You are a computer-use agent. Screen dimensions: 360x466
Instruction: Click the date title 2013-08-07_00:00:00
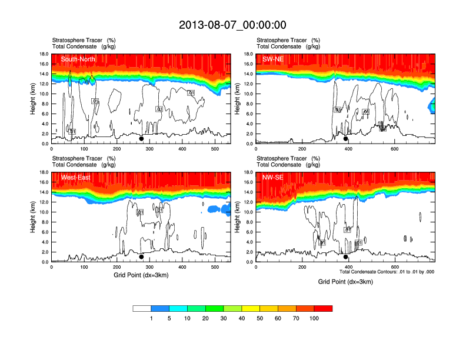click(x=232, y=25)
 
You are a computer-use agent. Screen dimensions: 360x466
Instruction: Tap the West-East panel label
click(x=75, y=178)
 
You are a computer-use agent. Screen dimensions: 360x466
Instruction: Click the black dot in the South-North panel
click(x=141, y=139)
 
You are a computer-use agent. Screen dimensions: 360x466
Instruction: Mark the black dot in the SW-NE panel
click(x=346, y=139)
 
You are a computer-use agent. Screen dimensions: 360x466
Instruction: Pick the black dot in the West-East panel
click(x=141, y=256)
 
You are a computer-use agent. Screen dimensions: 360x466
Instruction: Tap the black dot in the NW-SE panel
click(x=346, y=256)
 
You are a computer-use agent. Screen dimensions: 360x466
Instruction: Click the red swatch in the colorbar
click(x=323, y=308)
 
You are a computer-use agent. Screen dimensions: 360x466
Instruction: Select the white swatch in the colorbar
click(x=142, y=308)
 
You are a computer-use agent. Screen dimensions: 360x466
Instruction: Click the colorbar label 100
click(x=314, y=318)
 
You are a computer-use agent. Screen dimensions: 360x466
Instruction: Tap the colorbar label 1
click(x=151, y=318)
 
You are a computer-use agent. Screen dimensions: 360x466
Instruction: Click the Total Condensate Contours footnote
click(x=387, y=272)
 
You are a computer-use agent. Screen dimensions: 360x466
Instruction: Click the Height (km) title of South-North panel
click(x=34, y=99)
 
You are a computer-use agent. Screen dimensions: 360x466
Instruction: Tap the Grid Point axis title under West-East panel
click(x=141, y=275)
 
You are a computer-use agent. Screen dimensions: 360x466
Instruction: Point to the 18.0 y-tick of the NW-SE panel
click(x=248, y=172)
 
